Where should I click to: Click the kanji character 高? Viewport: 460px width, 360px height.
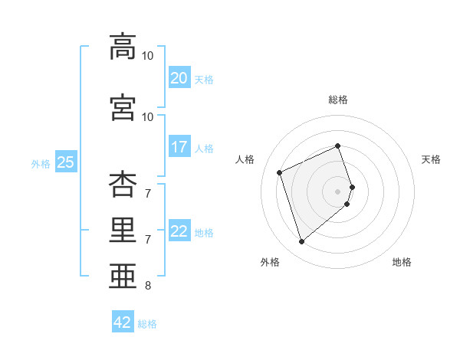click(123, 47)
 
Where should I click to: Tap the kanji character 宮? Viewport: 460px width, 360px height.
click(123, 107)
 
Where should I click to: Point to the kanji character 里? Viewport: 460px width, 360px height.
click(123, 231)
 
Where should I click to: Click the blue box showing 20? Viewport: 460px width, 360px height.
click(179, 78)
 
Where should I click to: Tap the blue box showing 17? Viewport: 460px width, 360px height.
click(179, 147)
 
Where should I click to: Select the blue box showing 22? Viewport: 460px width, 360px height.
click(179, 231)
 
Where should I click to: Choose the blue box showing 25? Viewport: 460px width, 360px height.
click(65, 162)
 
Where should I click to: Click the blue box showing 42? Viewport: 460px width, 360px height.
click(123, 322)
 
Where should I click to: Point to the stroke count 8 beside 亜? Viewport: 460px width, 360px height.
click(147, 286)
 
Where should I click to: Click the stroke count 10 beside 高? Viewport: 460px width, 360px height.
click(147, 56)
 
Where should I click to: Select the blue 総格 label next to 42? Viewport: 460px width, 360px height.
click(147, 324)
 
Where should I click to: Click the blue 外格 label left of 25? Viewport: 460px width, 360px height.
click(40, 163)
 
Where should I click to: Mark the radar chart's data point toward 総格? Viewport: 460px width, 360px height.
click(337, 146)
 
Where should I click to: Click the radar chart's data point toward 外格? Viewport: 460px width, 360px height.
click(301, 242)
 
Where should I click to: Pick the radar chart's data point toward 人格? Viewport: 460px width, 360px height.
click(280, 172)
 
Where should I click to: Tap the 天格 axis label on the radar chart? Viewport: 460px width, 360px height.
click(431, 159)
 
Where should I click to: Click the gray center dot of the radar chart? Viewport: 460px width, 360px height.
click(337, 191)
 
